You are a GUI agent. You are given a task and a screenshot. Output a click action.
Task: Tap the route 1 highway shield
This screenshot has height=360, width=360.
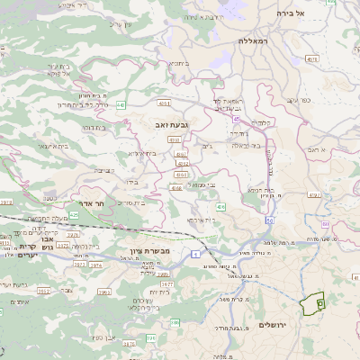(x=195, y=255)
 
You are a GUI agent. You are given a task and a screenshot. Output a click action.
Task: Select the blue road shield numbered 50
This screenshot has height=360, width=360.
(x=269, y=220)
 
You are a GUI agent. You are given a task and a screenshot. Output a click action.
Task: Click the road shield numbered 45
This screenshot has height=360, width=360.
(x=236, y=117)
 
